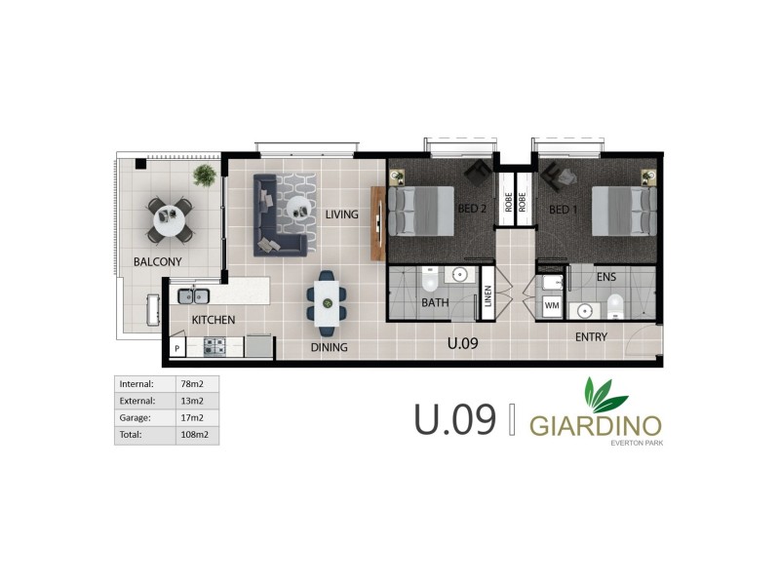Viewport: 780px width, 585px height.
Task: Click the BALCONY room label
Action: [x=157, y=261]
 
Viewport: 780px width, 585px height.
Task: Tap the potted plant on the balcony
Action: [x=205, y=175]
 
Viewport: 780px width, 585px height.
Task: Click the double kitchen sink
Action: [x=194, y=296]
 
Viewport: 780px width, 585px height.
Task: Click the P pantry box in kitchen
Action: [x=178, y=347]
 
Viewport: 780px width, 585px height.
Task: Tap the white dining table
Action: [x=326, y=298]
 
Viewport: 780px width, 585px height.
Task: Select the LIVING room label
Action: [x=342, y=214]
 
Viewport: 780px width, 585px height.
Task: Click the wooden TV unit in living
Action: [x=377, y=222]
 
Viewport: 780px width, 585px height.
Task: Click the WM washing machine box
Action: [x=552, y=306]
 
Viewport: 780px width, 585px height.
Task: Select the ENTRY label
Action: [x=591, y=337]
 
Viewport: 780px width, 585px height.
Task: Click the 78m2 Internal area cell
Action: [x=192, y=383]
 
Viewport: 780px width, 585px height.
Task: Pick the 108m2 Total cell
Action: [x=192, y=435]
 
